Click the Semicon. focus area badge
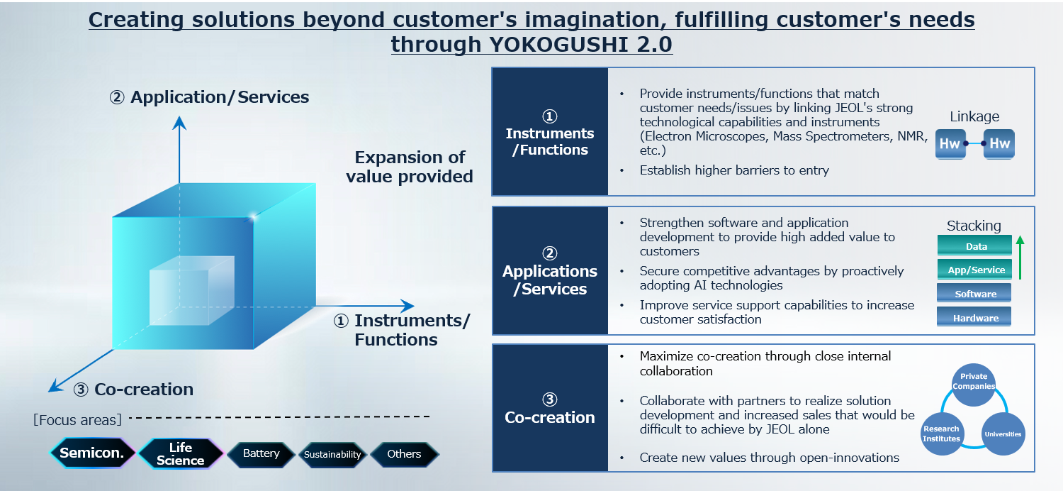(x=92, y=453)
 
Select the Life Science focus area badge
(x=180, y=453)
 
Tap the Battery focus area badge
(x=261, y=453)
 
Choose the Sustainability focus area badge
(x=332, y=454)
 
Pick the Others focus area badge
(x=405, y=454)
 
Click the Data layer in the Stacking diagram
(x=974, y=245)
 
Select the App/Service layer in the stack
(x=974, y=270)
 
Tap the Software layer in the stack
(x=974, y=293)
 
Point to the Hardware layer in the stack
(x=974, y=317)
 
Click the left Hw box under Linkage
(x=950, y=143)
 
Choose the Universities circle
(x=1003, y=434)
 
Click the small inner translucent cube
(x=192, y=290)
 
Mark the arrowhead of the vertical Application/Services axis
(x=179, y=123)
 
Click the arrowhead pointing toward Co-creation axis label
(x=55, y=386)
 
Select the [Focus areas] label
(x=77, y=420)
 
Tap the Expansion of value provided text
(x=410, y=167)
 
